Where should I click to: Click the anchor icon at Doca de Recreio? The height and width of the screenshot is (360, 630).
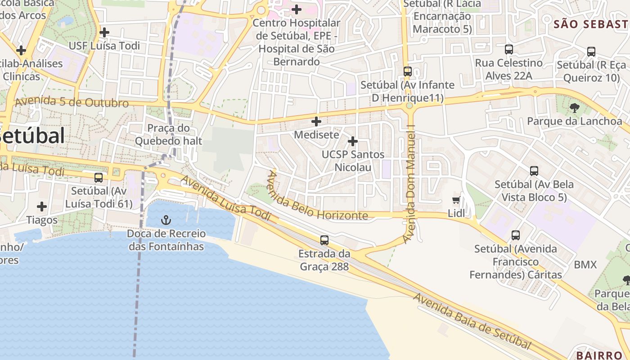[166, 220]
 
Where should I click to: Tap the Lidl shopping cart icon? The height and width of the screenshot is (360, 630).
[456, 200]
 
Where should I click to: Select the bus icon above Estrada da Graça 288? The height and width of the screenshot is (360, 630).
[324, 240]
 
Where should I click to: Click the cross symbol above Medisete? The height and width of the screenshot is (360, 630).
[316, 121]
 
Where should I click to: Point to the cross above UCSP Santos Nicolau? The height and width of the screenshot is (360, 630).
[353, 141]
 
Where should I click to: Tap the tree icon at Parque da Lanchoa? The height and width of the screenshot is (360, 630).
[574, 108]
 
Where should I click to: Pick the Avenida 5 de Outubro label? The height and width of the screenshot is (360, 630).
[72, 102]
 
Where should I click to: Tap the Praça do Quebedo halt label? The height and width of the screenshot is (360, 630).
[169, 135]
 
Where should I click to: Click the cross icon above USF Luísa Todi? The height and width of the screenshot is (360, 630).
[104, 32]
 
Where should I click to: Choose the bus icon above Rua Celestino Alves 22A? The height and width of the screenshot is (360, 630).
[509, 49]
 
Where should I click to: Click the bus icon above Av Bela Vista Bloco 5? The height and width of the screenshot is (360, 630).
[534, 171]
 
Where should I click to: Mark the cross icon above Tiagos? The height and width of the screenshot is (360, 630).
[42, 207]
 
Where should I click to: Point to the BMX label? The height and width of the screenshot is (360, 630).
[585, 265]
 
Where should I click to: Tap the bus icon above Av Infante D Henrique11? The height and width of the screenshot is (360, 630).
[408, 71]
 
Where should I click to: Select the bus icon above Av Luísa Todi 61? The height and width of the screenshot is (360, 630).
[99, 178]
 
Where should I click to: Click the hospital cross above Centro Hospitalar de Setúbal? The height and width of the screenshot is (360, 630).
[297, 9]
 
